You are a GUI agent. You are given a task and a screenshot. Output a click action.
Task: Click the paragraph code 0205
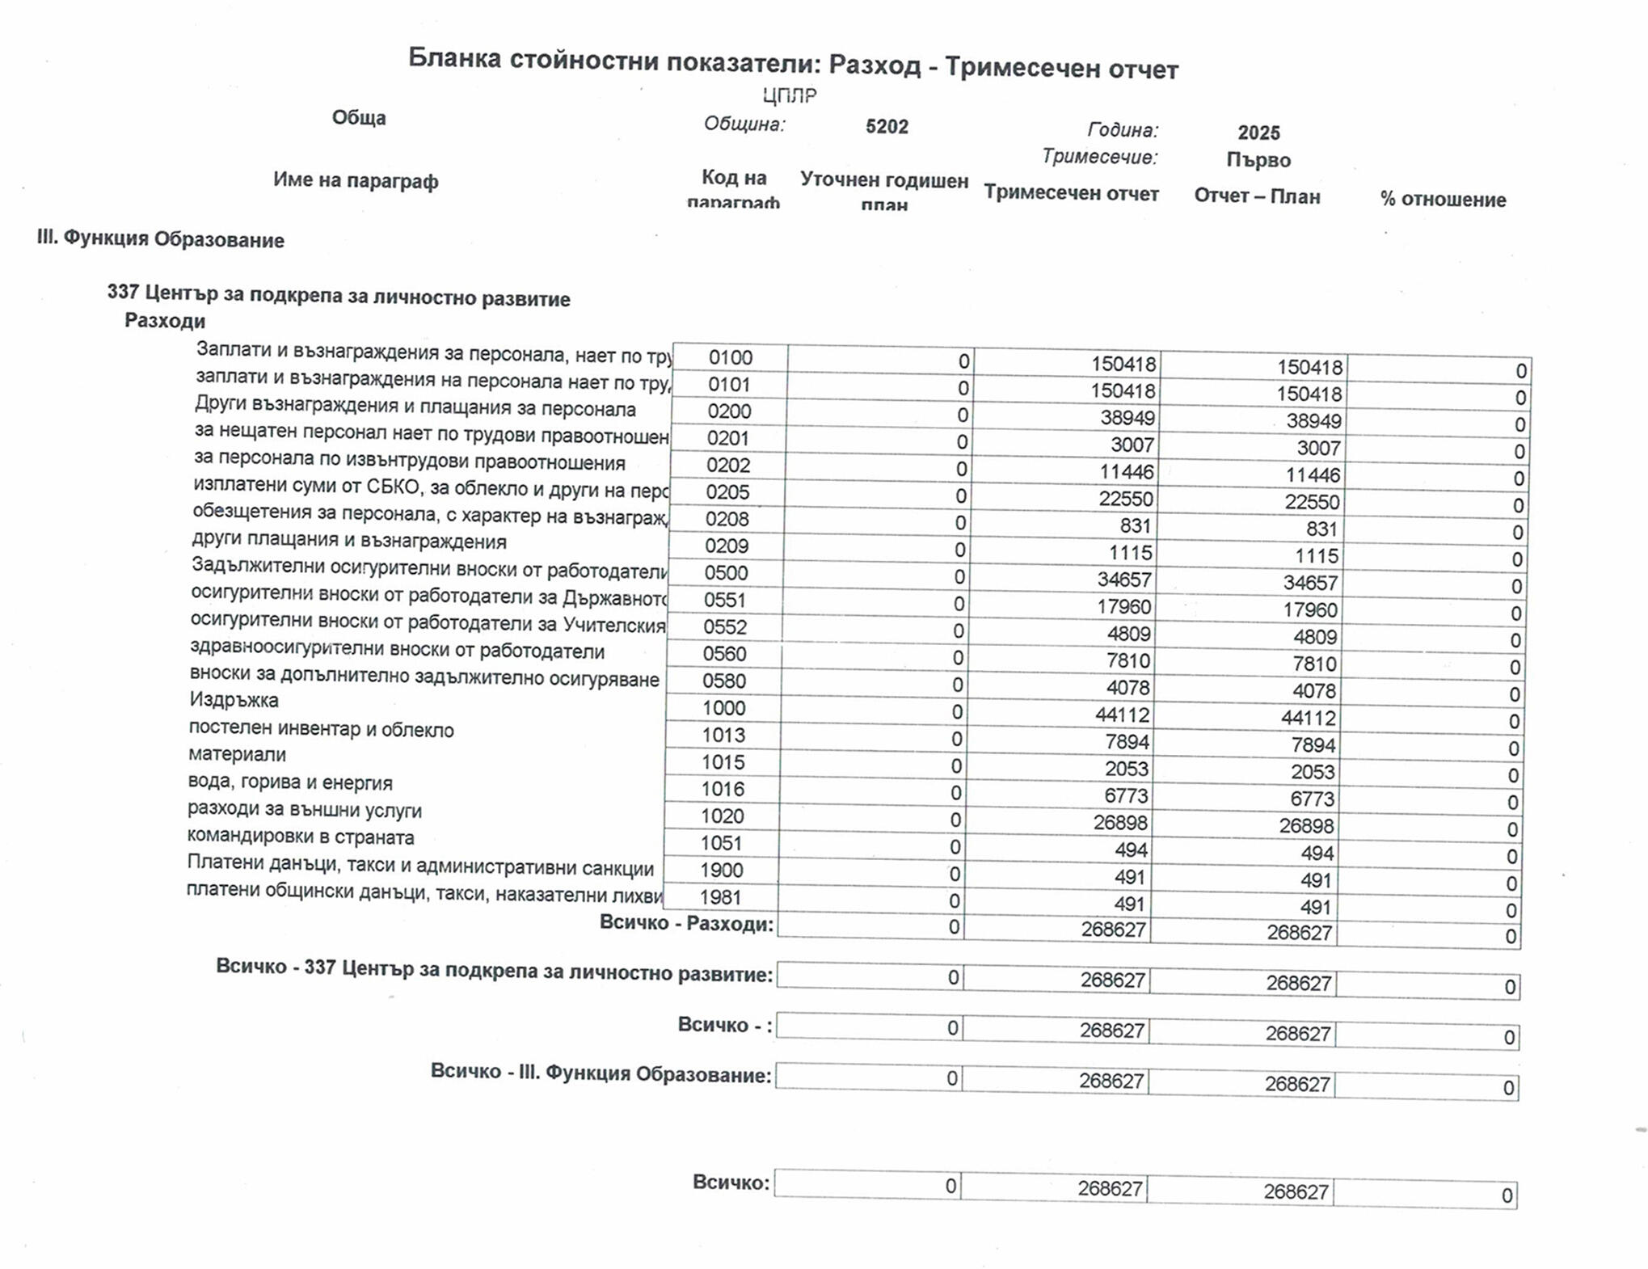coord(727,492)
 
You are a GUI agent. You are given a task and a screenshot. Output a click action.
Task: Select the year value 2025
coord(1258,133)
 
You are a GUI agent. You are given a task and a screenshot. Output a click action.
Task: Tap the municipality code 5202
coord(887,127)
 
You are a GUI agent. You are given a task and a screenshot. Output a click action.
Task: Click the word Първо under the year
coord(1258,160)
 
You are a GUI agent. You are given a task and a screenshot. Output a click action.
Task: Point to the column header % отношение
coord(1443,200)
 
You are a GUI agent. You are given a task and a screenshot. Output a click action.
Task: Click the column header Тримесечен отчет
coord(1071,194)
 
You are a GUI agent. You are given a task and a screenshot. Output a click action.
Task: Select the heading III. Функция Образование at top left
coord(160,240)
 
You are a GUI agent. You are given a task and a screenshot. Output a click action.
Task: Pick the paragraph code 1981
coord(720,897)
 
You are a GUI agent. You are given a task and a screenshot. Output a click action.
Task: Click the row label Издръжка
coord(234,700)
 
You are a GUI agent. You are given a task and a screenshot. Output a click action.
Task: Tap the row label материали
coord(237,755)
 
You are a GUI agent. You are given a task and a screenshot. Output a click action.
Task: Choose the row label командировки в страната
coord(300,837)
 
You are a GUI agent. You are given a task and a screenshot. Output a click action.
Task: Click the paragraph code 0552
coord(725,627)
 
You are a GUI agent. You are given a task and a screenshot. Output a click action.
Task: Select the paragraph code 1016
coord(723,790)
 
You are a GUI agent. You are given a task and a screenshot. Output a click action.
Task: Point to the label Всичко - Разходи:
coord(686,924)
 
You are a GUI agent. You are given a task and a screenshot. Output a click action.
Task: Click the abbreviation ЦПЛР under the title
coord(790,96)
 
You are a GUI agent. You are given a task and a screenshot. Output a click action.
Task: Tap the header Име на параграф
coord(356,180)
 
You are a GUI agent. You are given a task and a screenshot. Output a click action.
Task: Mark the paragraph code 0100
coord(730,357)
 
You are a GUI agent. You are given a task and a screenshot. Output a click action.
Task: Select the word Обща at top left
coord(359,118)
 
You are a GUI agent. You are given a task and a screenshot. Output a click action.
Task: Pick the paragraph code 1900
coord(721,871)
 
